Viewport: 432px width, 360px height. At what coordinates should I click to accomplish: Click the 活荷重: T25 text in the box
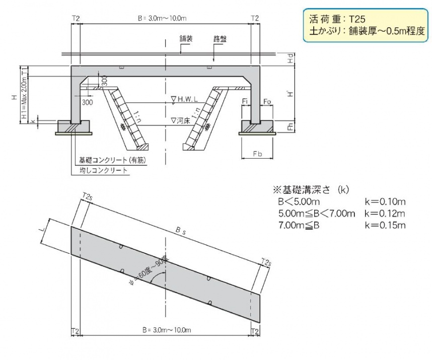click(x=337, y=19)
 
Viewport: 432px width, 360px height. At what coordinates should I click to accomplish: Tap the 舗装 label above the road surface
click(x=186, y=39)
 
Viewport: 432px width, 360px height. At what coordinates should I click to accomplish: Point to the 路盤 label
click(x=220, y=39)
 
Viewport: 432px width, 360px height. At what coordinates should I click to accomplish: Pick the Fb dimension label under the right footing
click(x=257, y=154)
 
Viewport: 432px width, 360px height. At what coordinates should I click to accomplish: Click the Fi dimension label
click(x=245, y=102)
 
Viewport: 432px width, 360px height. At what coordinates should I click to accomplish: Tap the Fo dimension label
click(x=267, y=102)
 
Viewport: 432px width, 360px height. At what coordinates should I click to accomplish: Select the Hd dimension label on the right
click(x=291, y=58)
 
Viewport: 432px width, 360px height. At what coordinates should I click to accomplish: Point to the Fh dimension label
click(x=291, y=127)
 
